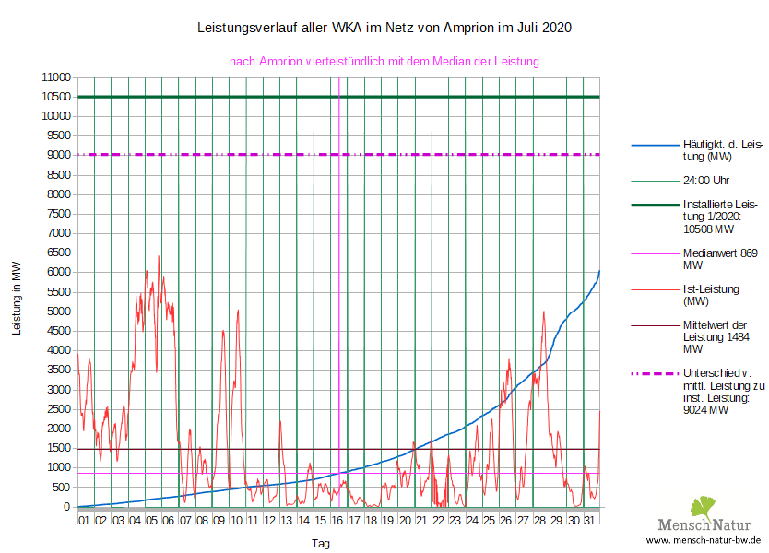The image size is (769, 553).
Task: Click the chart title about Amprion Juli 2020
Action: point(384,28)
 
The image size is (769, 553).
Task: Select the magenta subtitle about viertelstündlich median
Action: point(384,61)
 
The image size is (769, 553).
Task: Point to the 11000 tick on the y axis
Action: point(57,77)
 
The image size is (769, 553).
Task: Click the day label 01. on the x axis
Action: point(85,521)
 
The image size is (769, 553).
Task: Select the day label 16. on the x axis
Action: point(338,521)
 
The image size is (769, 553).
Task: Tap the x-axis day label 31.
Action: point(591,521)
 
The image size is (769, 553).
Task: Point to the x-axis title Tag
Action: point(320,544)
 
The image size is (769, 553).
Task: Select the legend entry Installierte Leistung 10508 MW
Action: point(719,216)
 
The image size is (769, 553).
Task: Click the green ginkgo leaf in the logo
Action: point(704,506)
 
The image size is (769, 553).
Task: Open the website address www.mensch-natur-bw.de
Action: point(704,541)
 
